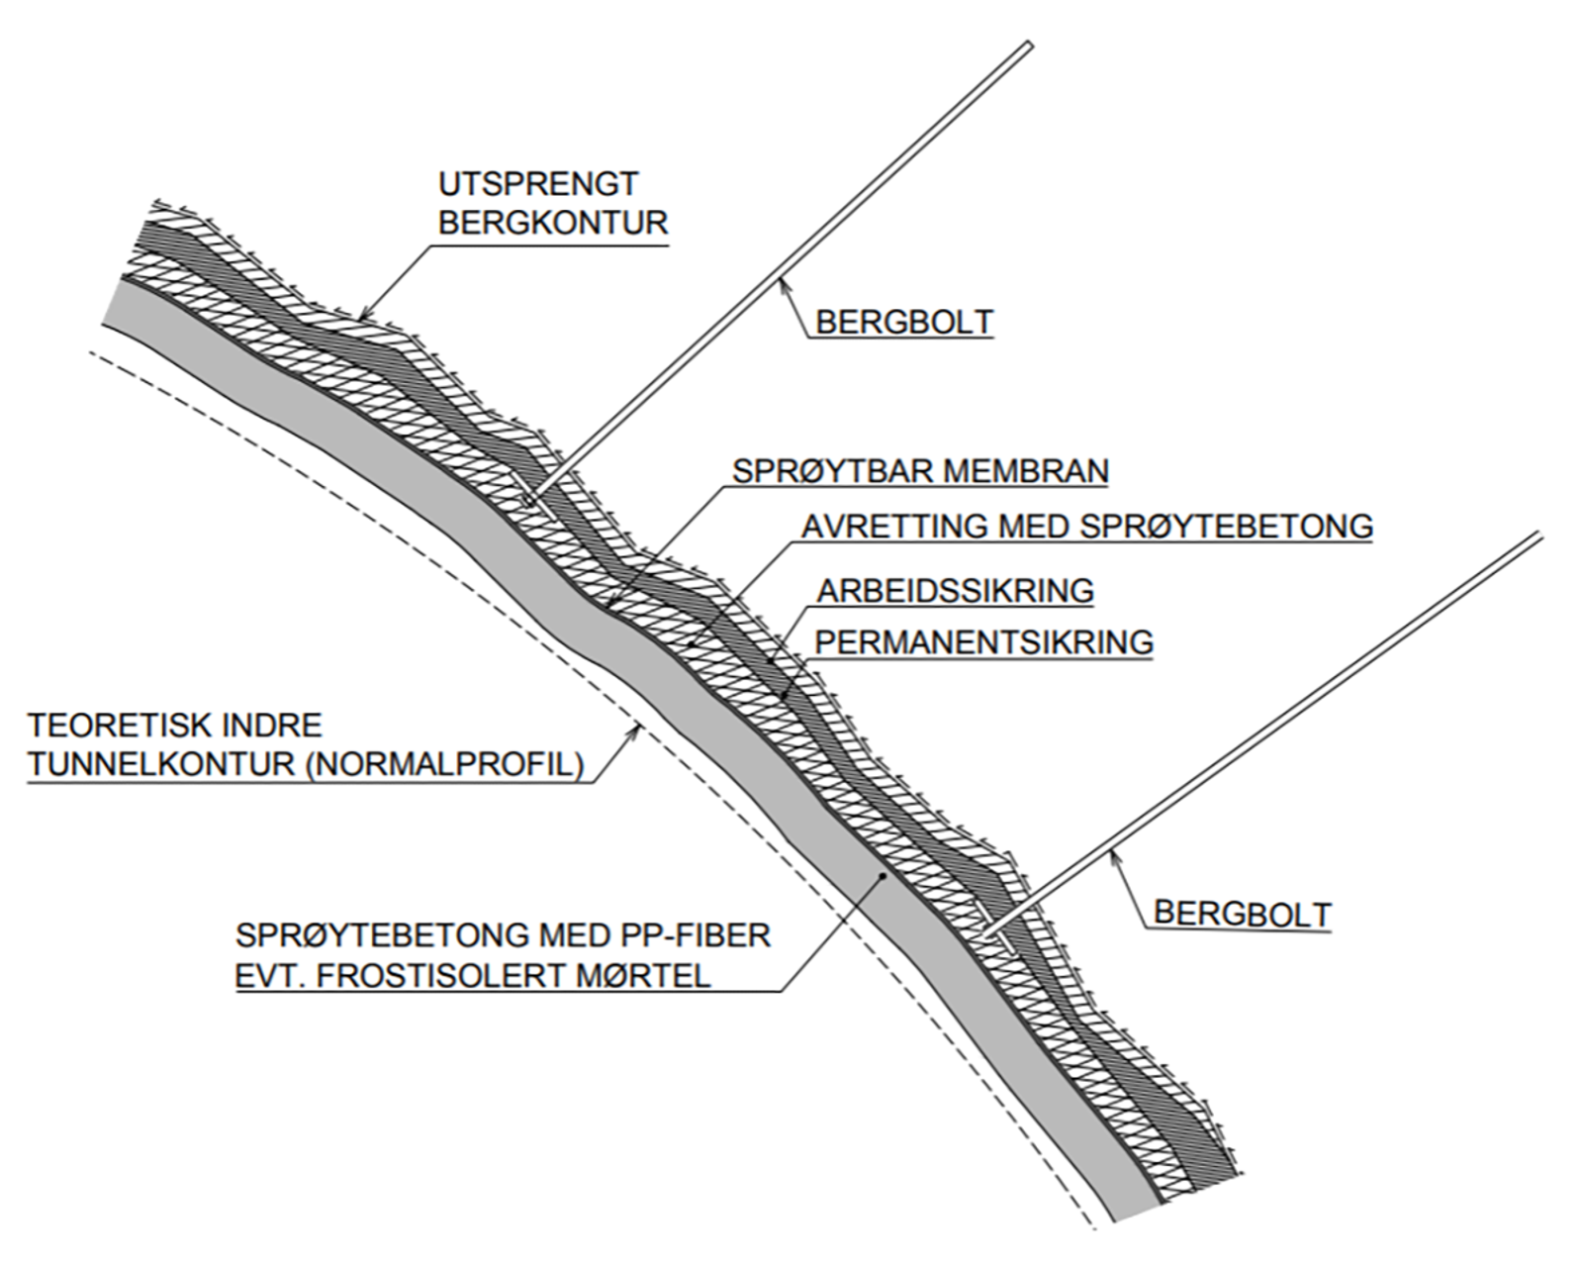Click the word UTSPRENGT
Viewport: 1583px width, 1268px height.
538,184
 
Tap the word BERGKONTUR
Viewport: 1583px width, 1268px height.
553,223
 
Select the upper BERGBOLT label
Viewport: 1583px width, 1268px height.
904,322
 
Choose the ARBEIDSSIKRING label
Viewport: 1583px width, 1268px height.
956,591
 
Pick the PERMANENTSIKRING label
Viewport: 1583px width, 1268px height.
984,642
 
